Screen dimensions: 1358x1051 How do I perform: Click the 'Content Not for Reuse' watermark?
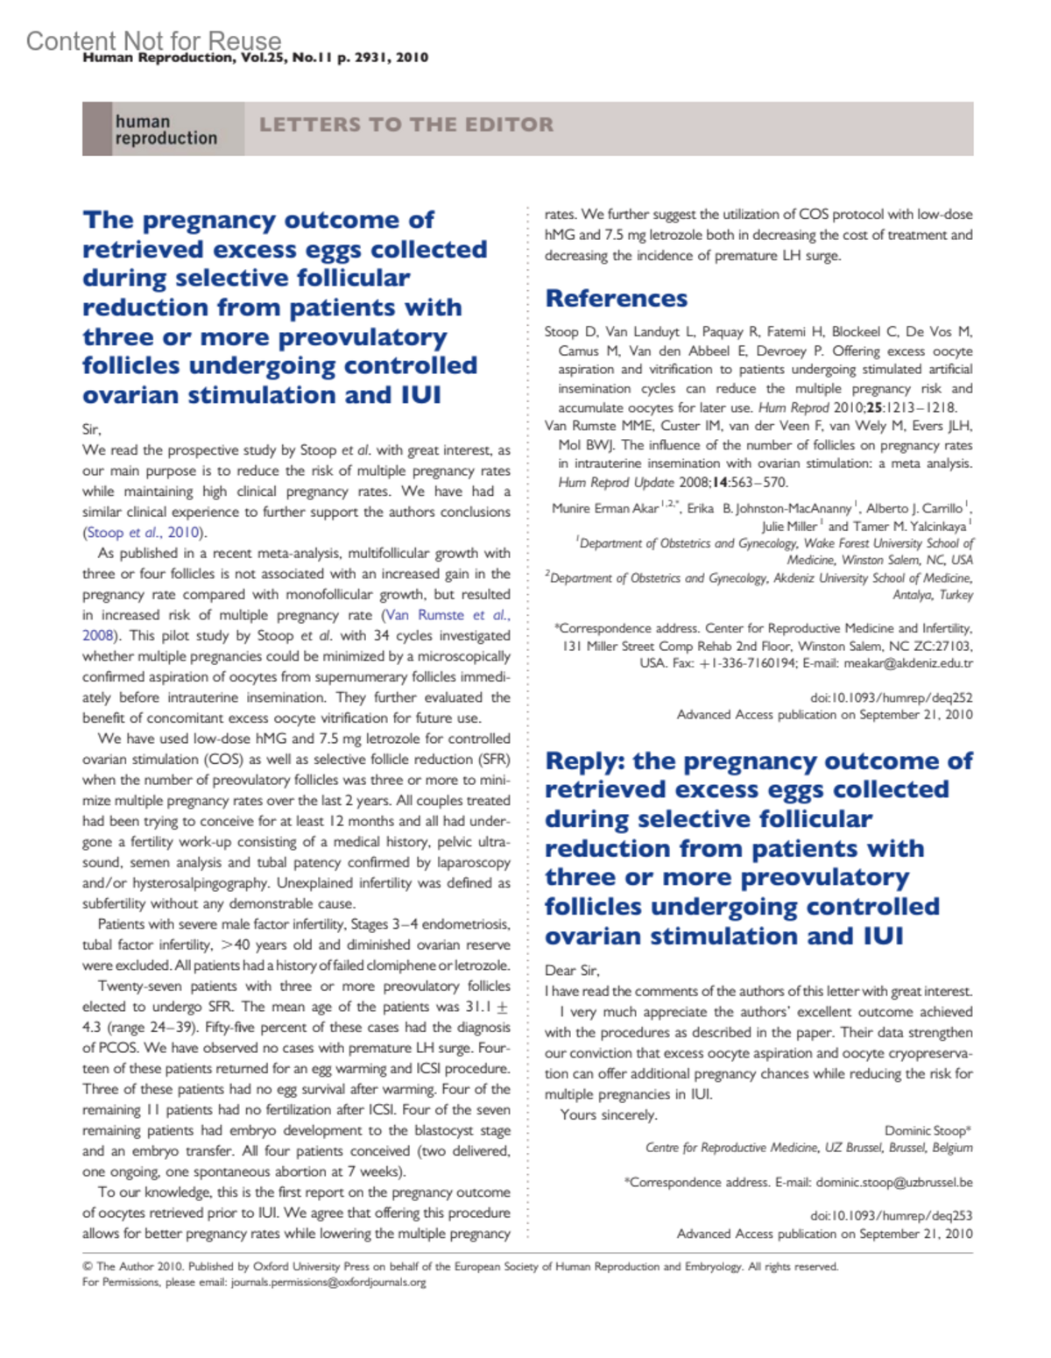[x=153, y=40]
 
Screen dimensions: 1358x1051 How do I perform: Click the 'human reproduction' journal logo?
[x=166, y=130]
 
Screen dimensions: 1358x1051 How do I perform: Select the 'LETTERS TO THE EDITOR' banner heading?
[x=406, y=124]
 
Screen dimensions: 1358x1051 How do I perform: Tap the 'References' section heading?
[x=616, y=299]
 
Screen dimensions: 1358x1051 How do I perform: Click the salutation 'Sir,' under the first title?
[x=92, y=429]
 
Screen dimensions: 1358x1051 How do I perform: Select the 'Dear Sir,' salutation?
[x=572, y=970]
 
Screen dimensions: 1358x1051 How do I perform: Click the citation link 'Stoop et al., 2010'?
[x=145, y=533]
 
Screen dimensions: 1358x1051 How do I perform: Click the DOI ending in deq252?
[x=891, y=697]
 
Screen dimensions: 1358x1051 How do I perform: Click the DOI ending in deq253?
[x=891, y=1215]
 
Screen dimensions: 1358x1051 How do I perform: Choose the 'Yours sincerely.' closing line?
[x=609, y=1114]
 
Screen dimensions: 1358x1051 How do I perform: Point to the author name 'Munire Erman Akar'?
[x=605, y=508]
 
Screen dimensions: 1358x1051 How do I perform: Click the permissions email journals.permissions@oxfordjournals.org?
[x=328, y=1282]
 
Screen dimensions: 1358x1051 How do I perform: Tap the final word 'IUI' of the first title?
[x=420, y=395]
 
